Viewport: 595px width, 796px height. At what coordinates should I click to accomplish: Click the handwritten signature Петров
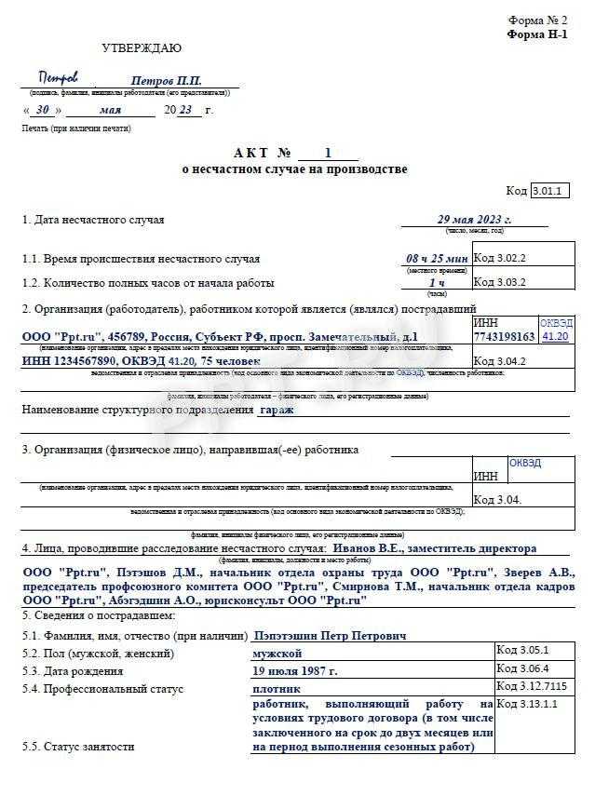(59, 78)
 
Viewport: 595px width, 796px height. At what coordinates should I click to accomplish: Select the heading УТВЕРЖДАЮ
(142, 48)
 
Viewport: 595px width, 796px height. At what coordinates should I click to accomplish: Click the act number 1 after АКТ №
(327, 154)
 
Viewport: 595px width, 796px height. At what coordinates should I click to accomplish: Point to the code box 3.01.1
(549, 191)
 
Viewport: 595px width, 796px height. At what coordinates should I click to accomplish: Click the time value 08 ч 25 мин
(437, 258)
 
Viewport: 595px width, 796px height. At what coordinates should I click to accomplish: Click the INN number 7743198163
(504, 337)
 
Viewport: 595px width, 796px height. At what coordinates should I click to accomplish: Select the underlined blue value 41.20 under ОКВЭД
(555, 337)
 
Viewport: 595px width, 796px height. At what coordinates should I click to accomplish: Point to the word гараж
(276, 409)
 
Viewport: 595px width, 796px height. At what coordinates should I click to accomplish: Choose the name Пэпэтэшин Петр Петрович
(330, 636)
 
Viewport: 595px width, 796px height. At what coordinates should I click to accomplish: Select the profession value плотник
(277, 689)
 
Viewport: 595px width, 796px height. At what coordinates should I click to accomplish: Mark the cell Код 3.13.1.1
(530, 705)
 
